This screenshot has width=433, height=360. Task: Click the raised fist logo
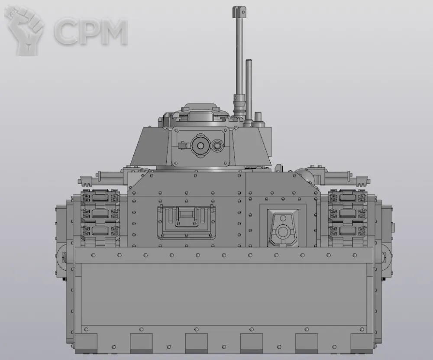coord(24,30)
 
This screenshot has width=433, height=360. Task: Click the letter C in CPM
coord(66,32)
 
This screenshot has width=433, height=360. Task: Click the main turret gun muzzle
coord(201,146)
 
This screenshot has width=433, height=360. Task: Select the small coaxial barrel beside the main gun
coord(218,145)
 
